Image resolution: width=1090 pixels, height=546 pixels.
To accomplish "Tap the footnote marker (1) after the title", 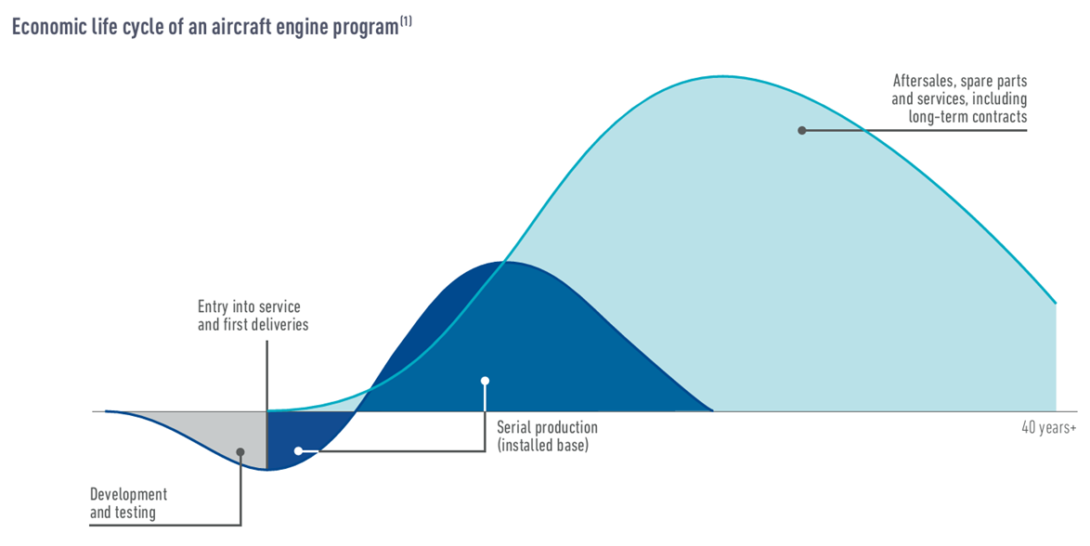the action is click(x=406, y=21).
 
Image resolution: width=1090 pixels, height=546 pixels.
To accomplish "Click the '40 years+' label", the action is click(x=1048, y=428).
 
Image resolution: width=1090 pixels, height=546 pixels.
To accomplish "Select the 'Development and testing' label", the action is click(x=129, y=503).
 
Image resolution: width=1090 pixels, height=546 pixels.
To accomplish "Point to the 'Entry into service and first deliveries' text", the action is click(x=253, y=316).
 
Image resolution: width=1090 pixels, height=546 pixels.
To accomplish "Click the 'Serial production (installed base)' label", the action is click(x=547, y=436).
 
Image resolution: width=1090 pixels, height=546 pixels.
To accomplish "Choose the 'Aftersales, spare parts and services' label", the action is click(x=959, y=98).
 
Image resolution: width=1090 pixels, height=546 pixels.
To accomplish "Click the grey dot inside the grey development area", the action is click(x=240, y=452).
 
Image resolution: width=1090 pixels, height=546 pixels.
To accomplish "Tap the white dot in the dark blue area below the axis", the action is click(x=298, y=450).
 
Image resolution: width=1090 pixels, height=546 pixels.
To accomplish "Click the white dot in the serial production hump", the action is click(x=486, y=381).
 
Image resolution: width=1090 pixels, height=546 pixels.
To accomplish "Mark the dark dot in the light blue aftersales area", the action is click(x=801, y=130).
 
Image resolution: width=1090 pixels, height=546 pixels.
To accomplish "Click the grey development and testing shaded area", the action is click(x=215, y=435).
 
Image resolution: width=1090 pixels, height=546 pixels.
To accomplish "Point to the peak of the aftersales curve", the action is click(x=726, y=76).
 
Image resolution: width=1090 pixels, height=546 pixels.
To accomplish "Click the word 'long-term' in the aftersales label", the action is click(x=937, y=117).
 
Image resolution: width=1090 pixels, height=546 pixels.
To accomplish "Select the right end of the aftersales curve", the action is click(x=1056, y=304).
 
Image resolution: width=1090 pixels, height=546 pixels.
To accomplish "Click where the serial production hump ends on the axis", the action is click(x=713, y=411).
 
